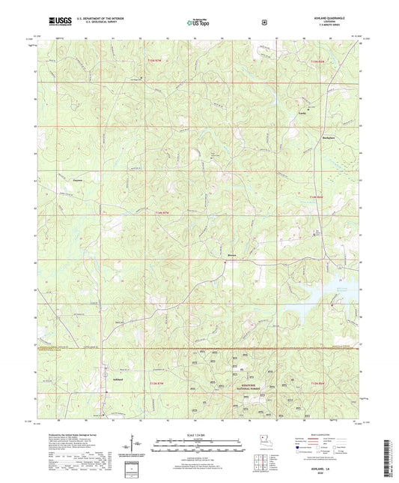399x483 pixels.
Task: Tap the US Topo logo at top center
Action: pos(198,23)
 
